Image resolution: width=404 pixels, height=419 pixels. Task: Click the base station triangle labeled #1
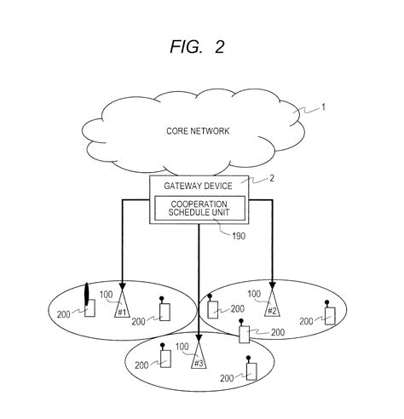pyautogui.click(x=122, y=309)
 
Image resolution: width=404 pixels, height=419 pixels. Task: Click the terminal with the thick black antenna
pyautogui.click(x=89, y=307)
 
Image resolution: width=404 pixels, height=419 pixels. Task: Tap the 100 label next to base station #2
pyautogui.click(x=255, y=294)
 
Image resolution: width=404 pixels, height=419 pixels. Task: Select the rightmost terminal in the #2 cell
pyautogui.click(x=329, y=315)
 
